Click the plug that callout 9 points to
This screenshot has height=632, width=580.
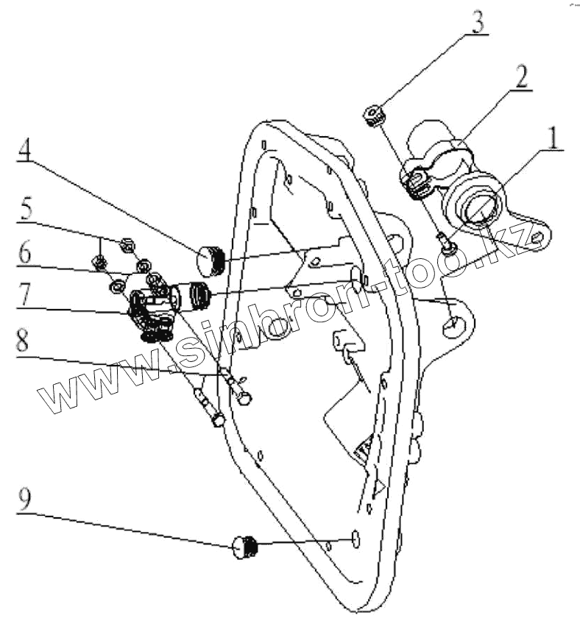pos(246,548)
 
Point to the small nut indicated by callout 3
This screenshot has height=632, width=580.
pos(374,114)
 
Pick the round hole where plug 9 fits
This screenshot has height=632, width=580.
pos(354,540)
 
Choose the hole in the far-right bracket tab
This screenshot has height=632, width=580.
pos(538,237)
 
